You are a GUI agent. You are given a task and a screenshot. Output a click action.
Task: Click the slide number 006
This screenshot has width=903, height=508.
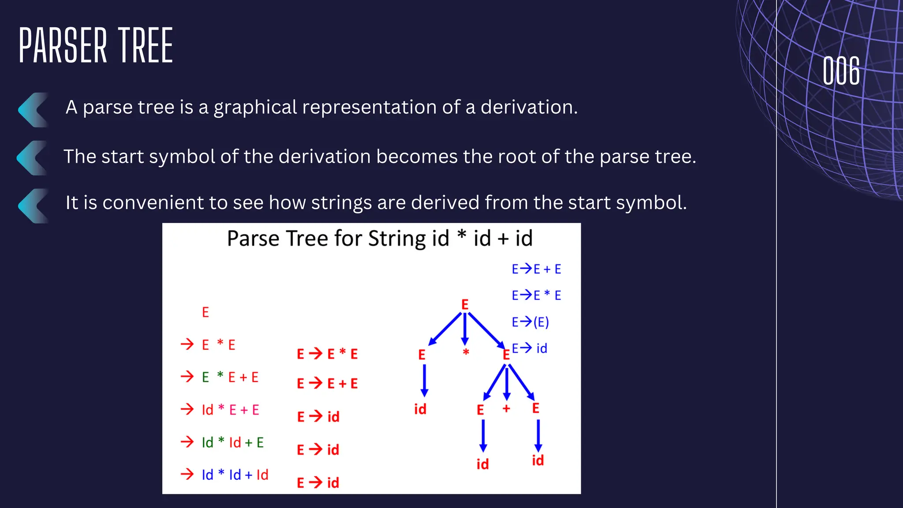(841, 71)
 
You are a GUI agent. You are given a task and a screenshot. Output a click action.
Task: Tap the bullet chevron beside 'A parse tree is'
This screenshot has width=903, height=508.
(33, 110)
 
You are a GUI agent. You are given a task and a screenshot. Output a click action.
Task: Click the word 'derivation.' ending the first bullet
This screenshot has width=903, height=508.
(529, 107)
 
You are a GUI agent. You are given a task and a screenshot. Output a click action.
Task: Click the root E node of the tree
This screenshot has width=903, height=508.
(465, 304)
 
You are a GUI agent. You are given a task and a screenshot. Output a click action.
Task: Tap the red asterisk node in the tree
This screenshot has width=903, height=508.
(466, 352)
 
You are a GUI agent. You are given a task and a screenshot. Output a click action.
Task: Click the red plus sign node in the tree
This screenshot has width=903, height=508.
(506, 409)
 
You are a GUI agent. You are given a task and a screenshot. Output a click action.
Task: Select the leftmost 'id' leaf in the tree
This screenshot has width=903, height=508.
(420, 409)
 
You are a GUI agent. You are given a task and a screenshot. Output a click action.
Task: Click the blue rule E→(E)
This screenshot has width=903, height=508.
(530, 322)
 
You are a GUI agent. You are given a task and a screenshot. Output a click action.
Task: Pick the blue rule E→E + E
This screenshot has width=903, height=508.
(536, 269)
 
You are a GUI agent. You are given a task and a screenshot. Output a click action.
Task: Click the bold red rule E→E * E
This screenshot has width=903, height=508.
(327, 354)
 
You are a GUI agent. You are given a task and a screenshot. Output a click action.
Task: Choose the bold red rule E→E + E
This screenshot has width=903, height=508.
(327, 383)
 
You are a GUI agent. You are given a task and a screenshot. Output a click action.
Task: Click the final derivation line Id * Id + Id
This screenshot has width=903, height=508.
(235, 474)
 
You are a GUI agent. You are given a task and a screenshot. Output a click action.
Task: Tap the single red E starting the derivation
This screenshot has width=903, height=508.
(205, 312)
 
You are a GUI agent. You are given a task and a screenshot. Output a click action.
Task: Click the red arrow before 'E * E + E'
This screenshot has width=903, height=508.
(187, 377)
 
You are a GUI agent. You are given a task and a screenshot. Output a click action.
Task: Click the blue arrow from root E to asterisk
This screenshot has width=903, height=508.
(465, 329)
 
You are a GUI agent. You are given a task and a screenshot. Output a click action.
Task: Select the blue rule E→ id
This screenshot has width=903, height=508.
(529, 348)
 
